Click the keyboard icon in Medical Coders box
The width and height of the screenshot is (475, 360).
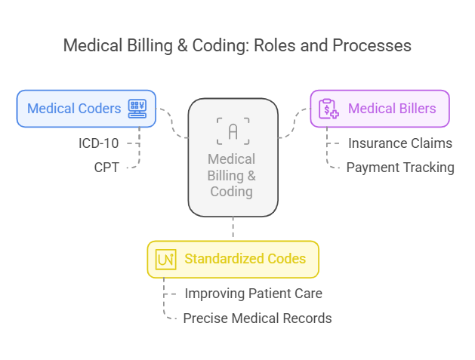[137, 109]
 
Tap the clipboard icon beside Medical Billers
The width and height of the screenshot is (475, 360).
[328, 109]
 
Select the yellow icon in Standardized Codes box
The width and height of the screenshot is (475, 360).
[165, 260]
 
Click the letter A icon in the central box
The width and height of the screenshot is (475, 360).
[233, 131]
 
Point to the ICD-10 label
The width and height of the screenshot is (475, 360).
[99, 143]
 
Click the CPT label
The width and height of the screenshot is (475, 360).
[106, 168]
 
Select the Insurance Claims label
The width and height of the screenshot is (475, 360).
[399, 143]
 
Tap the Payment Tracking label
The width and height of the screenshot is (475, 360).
[399, 168]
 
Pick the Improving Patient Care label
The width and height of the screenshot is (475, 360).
[253, 294]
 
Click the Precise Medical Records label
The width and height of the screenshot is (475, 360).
[257, 318]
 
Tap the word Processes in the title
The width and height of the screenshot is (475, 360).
[372, 45]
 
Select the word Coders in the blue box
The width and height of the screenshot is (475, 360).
[100, 109]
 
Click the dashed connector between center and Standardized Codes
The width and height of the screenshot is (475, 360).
[233, 228]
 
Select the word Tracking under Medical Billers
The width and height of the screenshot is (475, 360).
[427, 168]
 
